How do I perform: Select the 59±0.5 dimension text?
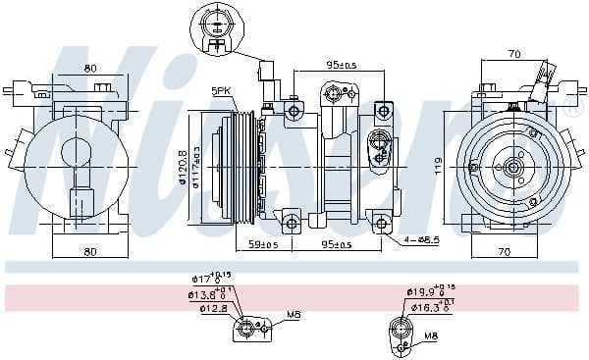click(x=264, y=245)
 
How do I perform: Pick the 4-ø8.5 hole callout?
click(x=421, y=238)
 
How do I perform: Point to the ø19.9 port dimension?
click(x=425, y=291)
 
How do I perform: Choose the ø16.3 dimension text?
click(x=428, y=307)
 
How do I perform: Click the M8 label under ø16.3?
click(x=431, y=337)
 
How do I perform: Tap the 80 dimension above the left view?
click(x=90, y=70)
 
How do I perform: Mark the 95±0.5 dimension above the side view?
click(x=343, y=66)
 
